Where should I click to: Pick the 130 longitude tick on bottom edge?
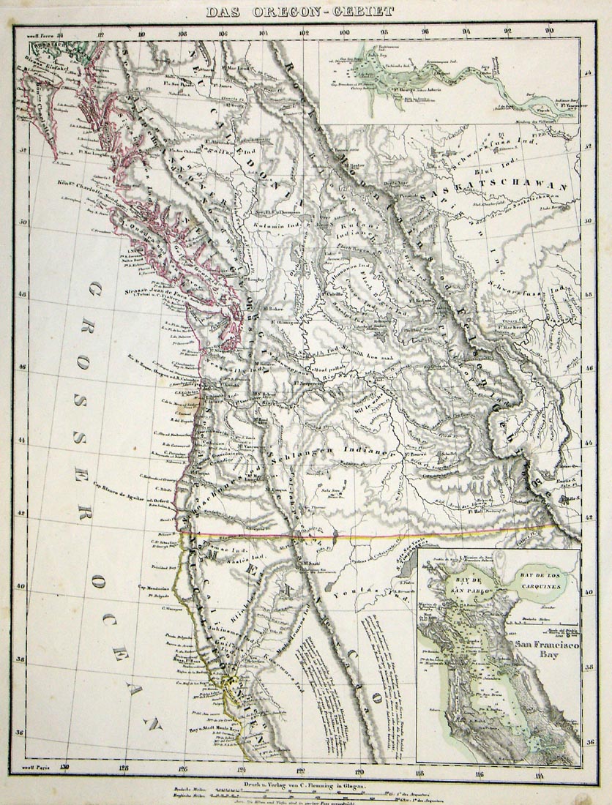[x=65, y=768]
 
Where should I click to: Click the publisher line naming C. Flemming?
[x=300, y=784]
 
